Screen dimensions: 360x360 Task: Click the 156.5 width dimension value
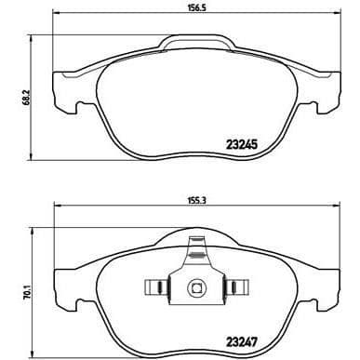click(x=197, y=8)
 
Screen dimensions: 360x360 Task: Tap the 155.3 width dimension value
click(x=197, y=201)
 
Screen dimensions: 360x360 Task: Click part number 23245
click(x=242, y=144)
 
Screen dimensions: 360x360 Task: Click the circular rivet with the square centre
click(x=196, y=287)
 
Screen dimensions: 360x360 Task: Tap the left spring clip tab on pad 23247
click(x=156, y=287)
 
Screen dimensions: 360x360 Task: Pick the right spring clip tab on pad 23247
click(x=237, y=287)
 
